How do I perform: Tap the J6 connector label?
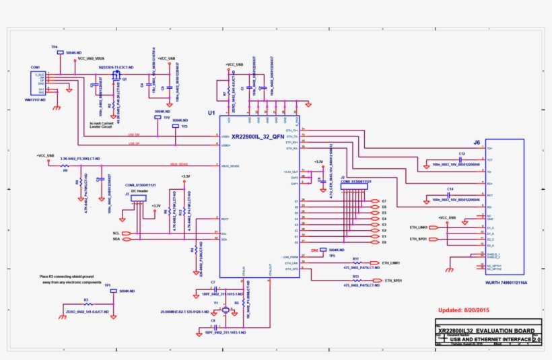[x=477, y=142]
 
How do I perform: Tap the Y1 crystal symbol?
[x=225, y=310]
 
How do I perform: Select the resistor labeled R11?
[x=356, y=262]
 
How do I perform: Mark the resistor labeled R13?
[x=356, y=281]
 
